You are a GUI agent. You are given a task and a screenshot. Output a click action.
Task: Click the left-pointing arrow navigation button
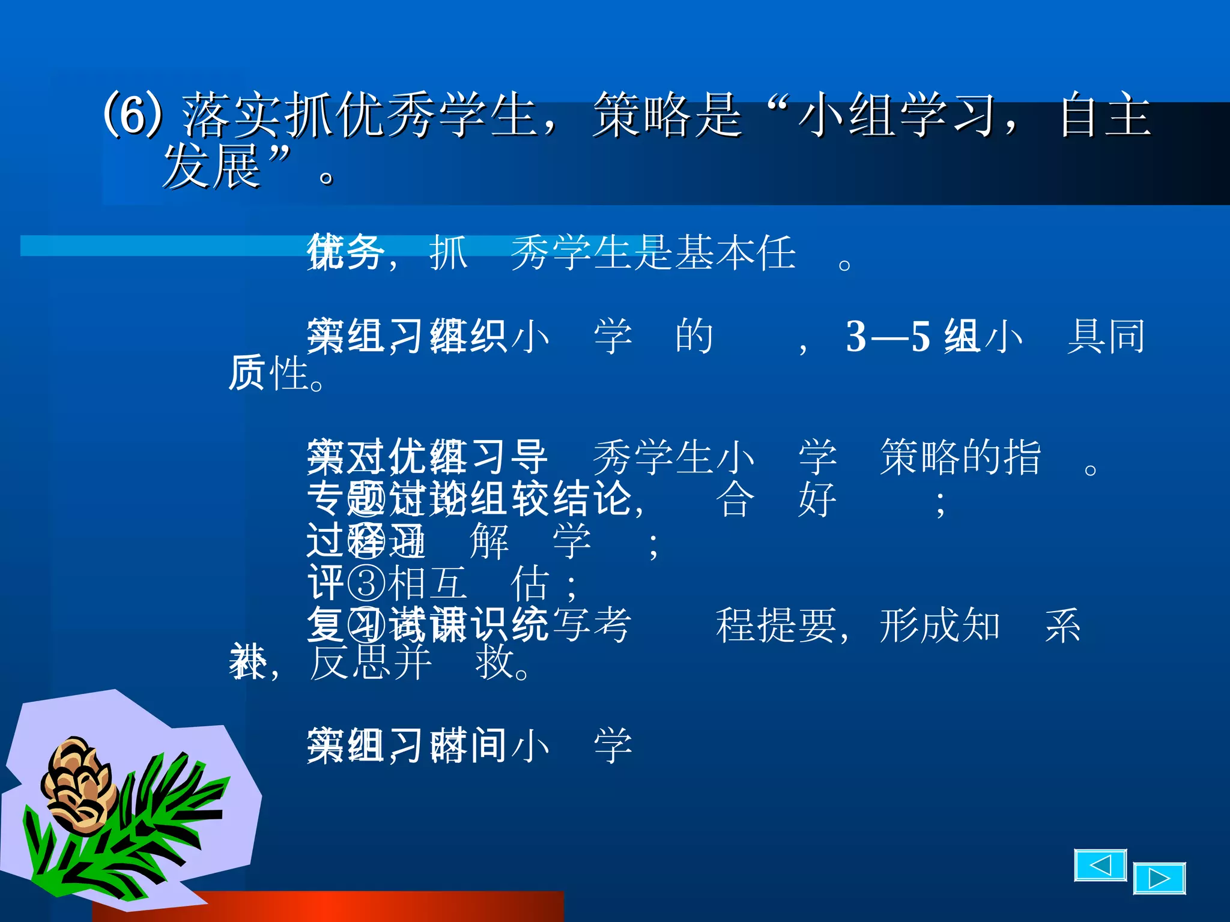(1100, 865)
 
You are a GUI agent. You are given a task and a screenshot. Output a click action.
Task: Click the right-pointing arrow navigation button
(1159, 879)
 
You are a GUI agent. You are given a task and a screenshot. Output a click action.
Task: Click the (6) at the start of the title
(133, 114)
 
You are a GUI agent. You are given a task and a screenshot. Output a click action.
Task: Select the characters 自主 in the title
(1106, 115)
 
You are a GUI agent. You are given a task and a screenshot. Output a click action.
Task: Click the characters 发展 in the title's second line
(211, 167)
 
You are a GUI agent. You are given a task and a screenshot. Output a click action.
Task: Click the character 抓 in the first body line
(448, 253)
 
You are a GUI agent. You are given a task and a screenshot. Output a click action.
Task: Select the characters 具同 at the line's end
(1106, 336)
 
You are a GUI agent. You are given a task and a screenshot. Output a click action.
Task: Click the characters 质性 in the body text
(268, 373)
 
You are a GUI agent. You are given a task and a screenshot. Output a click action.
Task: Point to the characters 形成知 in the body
(939, 625)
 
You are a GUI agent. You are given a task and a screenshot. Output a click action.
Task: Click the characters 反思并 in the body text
(371, 663)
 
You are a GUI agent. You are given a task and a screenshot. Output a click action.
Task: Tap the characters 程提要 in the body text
(776, 625)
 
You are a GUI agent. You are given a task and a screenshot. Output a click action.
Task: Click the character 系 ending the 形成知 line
(1062, 625)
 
